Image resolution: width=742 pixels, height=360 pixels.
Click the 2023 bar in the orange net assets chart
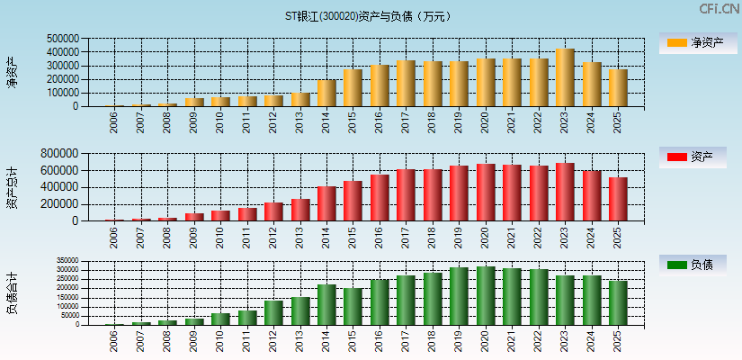click(x=565, y=77)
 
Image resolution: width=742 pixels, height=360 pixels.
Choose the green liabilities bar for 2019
click(x=459, y=296)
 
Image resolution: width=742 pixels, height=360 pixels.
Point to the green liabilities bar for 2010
click(x=220, y=319)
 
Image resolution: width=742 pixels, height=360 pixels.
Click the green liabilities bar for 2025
click(x=618, y=302)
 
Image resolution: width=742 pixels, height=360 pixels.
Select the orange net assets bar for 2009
click(x=194, y=103)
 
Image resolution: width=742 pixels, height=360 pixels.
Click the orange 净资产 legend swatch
click(x=675, y=42)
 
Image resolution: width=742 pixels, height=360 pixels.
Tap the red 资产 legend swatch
click(x=675, y=157)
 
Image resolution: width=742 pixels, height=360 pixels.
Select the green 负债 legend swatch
click(x=675, y=265)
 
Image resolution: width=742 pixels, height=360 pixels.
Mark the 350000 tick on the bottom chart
click(x=66, y=263)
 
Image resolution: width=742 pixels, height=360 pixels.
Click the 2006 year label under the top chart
click(x=114, y=122)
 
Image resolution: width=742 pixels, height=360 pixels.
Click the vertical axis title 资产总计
click(x=12, y=187)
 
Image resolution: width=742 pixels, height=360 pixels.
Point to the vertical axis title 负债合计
click(x=12, y=293)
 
